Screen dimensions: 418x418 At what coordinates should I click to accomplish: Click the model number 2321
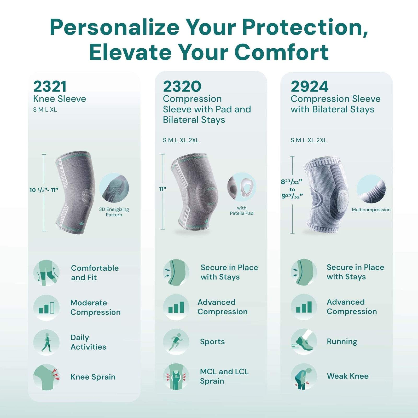pos(50,86)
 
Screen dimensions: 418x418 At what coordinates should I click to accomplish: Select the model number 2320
pos(182,86)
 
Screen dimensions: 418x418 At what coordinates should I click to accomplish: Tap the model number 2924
pos(310,86)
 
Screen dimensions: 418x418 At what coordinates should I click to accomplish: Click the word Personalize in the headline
pos(114,27)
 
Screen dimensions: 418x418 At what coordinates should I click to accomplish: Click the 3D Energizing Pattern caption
pos(114,212)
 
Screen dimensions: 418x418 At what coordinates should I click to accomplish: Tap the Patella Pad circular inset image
pos(242,187)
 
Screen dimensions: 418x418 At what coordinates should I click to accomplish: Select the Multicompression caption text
pos(371,210)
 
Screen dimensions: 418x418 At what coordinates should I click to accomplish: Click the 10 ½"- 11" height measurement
pos(44,190)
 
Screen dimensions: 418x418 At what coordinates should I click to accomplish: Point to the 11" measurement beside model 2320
pos(163,189)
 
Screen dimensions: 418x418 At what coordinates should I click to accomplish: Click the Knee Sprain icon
pos(47,377)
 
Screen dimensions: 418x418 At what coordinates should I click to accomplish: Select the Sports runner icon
pos(176,342)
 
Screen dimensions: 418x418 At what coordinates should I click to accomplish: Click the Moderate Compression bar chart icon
pos(47,307)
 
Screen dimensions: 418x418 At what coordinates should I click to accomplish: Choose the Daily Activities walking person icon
pos(47,342)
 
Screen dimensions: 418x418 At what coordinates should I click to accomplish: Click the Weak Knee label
pos(348,376)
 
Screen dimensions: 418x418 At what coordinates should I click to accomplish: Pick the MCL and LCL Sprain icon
pos(176,376)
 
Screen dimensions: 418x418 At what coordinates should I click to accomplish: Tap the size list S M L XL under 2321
pos(45,110)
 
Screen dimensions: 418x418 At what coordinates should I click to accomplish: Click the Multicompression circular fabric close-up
pos(371,189)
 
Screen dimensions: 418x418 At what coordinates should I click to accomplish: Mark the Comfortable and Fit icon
pos(47,273)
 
